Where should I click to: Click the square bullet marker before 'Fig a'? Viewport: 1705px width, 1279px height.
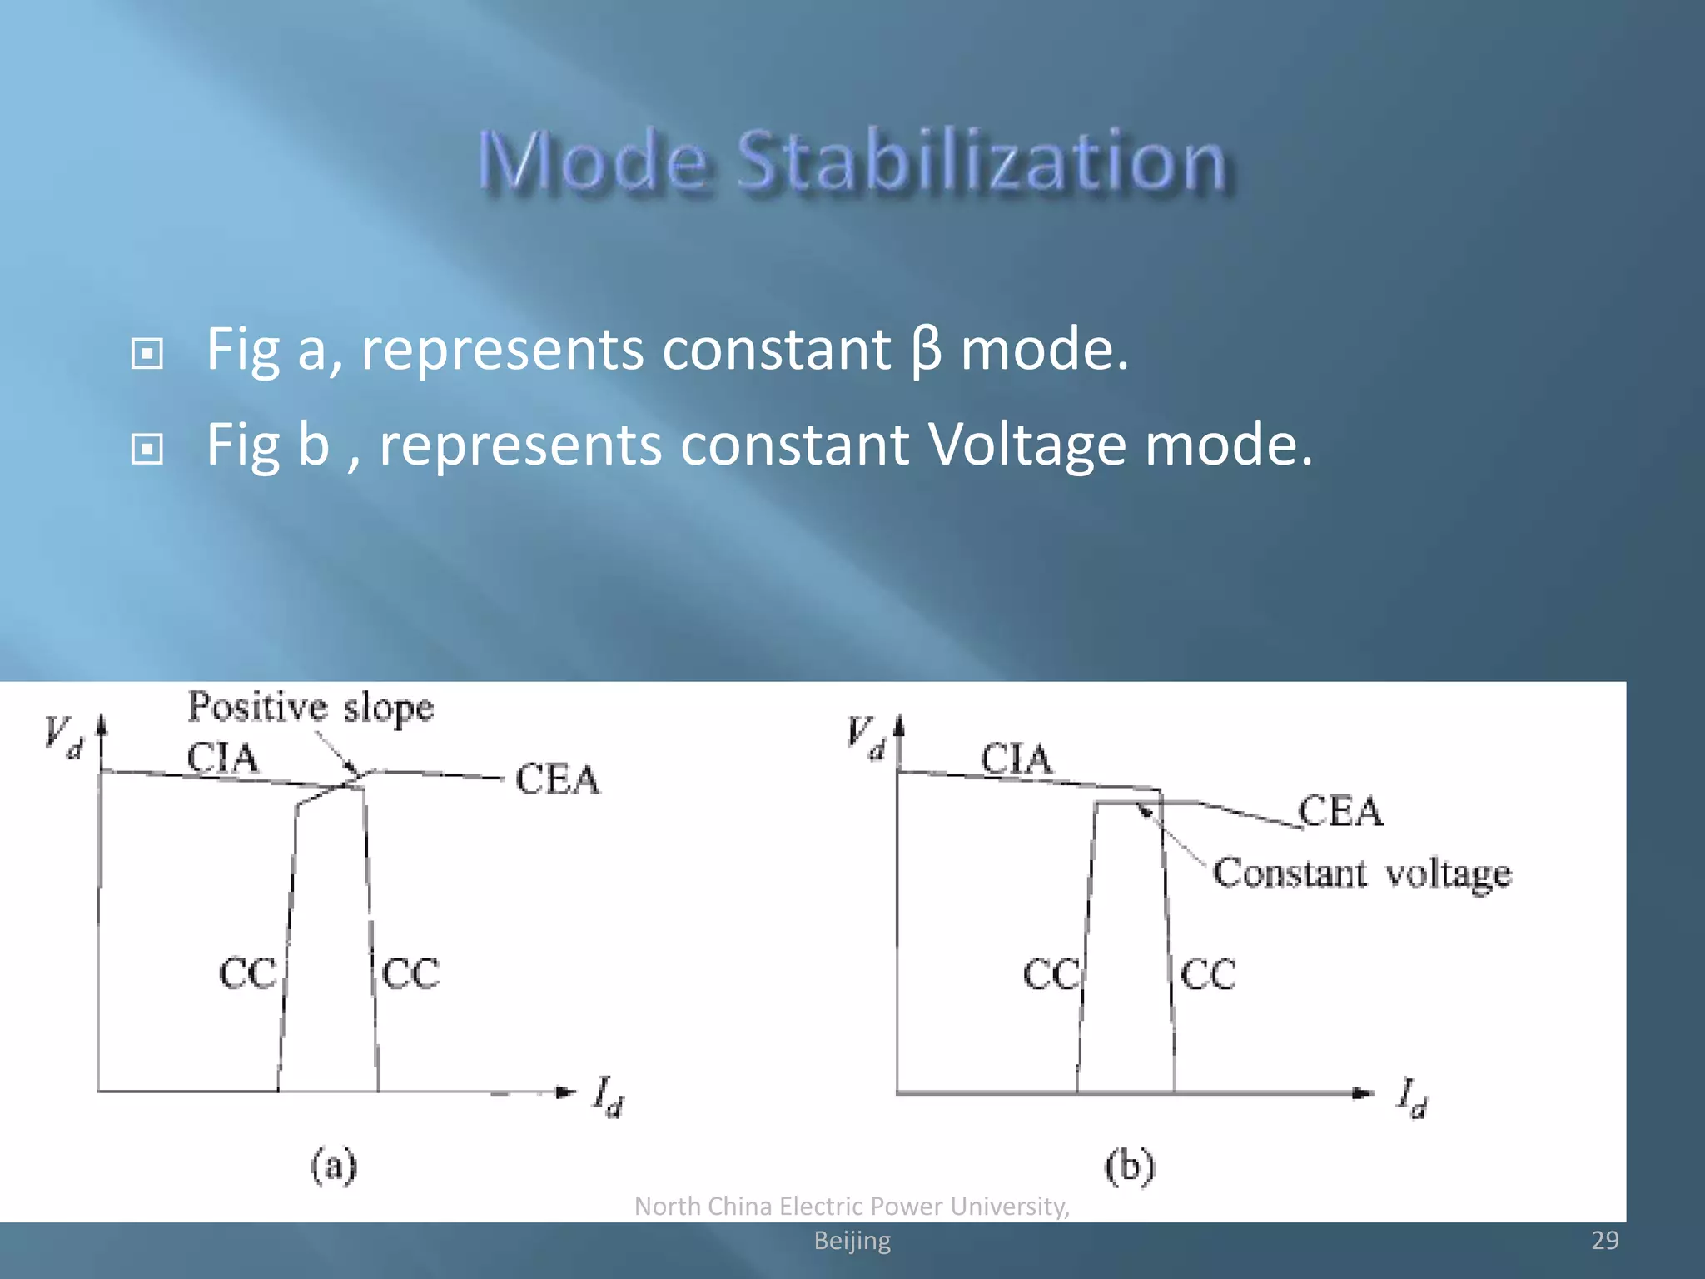coord(147,354)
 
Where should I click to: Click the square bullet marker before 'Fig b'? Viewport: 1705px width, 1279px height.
coord(147,450)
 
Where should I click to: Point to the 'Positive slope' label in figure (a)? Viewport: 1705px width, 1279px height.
coord(311,707)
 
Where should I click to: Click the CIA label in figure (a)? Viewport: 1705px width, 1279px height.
coord(222,758)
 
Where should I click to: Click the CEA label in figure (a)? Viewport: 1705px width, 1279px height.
coord(557,779)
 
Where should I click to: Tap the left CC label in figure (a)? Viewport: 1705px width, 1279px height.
coord(247,973)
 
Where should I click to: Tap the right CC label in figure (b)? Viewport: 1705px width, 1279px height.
coord(1208,973)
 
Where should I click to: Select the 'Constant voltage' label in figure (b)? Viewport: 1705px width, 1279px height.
coord(1361,873)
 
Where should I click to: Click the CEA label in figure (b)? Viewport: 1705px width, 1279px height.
coord(1340,810)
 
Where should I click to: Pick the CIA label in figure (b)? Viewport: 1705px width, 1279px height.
coord(1016,759)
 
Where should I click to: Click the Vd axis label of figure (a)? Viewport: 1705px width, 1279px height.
coord(64,736)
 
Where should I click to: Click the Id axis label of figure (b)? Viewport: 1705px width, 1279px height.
coord(1412,1097)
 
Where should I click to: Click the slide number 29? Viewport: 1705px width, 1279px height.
coord(1604,1240)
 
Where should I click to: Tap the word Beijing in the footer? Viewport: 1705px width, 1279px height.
coord(852,1241)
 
